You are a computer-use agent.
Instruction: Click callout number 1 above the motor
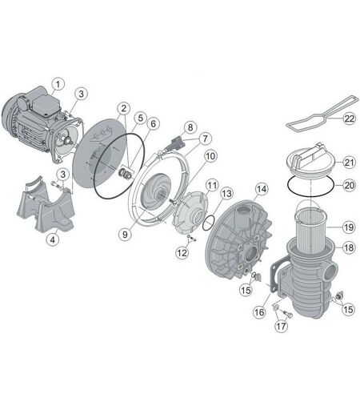58,84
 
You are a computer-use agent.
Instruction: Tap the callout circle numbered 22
349,119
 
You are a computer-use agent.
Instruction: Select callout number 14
262,189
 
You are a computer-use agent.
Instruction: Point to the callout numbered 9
125,235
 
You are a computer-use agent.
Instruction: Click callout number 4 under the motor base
53,239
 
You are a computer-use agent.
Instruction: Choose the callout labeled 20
349,185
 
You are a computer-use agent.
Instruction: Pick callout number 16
259,312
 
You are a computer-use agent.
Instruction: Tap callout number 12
182,252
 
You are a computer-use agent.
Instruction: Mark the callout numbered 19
349,227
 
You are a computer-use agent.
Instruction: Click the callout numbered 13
226,194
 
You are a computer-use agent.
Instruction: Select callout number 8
190,127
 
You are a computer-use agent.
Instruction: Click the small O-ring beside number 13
208,223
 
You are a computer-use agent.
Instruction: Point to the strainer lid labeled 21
311,159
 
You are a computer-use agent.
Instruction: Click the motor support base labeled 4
46,207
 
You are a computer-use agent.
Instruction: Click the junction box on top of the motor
46,106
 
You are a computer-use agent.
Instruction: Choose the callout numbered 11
212,185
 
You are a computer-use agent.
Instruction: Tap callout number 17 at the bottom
281,326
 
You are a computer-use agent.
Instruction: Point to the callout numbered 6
153,123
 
